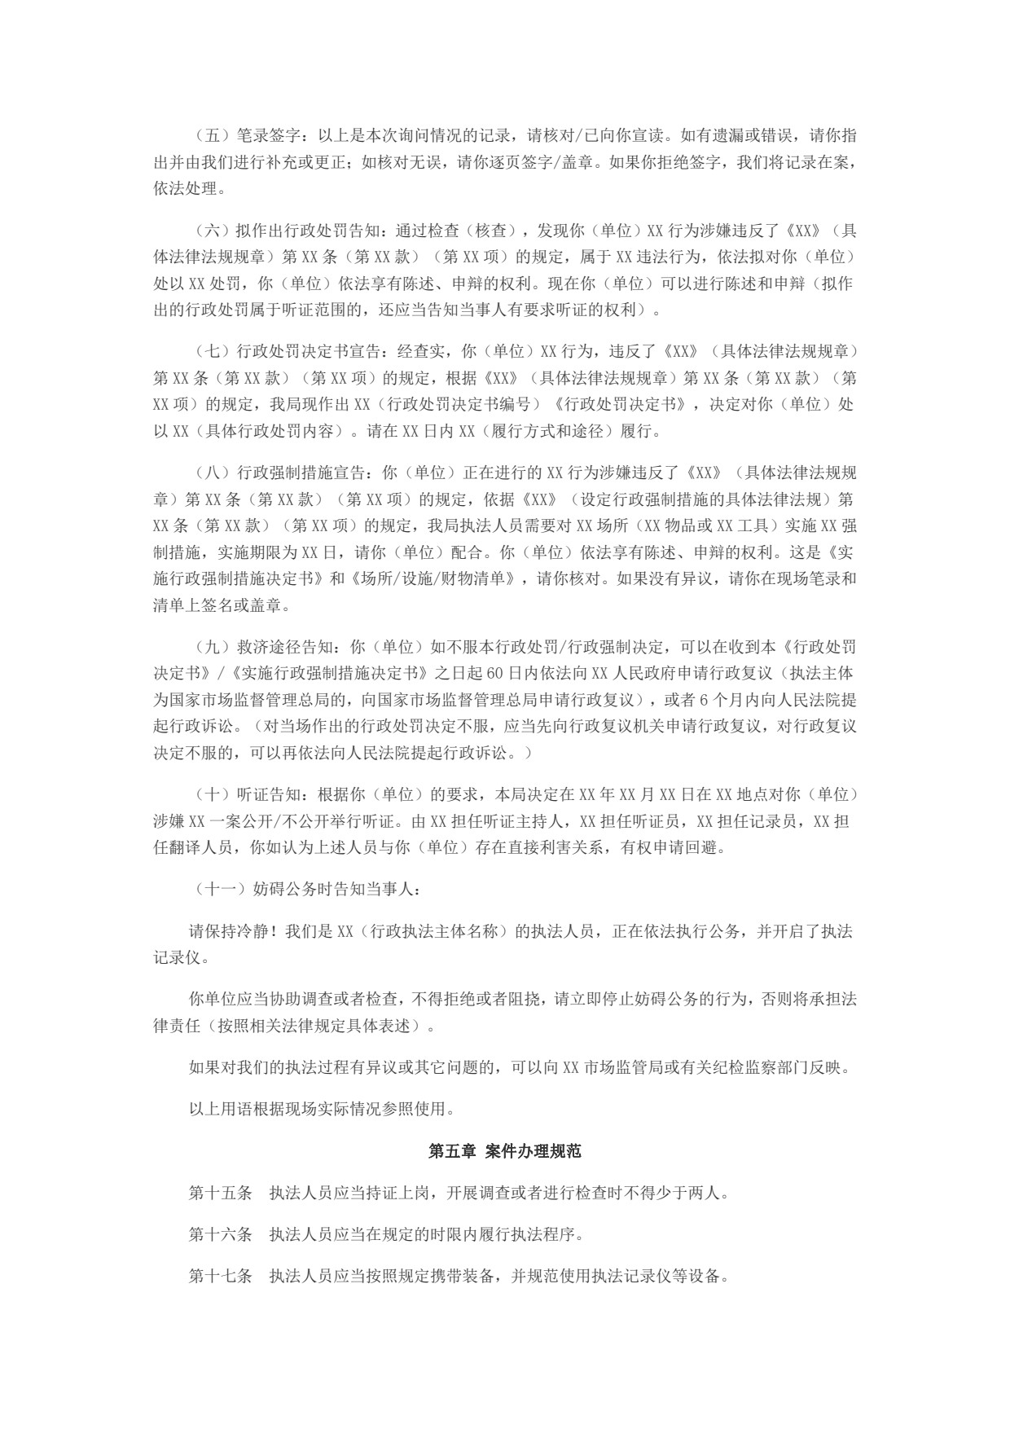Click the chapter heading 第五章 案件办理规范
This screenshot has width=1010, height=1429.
[x=504, y=1151]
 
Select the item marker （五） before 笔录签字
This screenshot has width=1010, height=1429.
[x=213, y=135]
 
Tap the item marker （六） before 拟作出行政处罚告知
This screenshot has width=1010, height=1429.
[x=213, y=231]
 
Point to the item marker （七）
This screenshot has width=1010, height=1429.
[x=213, y=352]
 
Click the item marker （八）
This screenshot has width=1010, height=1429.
[x=213, y=473]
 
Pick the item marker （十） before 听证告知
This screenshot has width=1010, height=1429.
[x=213, y=795]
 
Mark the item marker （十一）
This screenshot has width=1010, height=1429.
[x=220, y=890]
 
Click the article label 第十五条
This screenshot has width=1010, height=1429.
[x=220, y=1194]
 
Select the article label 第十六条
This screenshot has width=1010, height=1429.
[x=220, y=1234]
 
